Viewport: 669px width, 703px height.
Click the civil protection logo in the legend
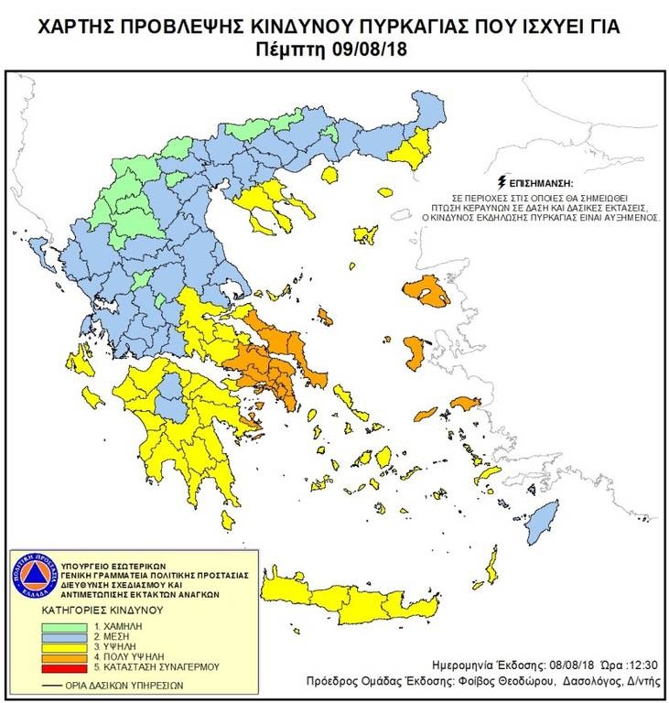click(29, 576)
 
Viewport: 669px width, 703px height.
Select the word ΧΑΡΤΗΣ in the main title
click(76, 27)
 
